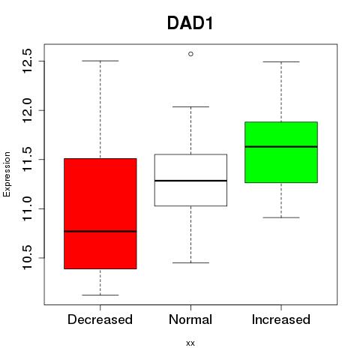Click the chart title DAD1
point(190,23)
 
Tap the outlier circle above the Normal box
point(190,54)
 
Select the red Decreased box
point(100,214)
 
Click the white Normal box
point(190,180)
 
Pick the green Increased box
point(281,152)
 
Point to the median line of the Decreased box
point(100,231)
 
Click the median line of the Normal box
point(190,181)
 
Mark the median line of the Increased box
point(281,147)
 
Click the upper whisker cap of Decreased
point(100,61)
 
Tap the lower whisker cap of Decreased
point(100,295)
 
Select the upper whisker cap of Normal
point(190,106)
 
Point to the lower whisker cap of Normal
point(190,262)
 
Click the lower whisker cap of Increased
point(281,217)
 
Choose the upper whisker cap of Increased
point(281,61)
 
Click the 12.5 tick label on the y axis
point(27,61)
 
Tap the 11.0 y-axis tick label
point(27,208)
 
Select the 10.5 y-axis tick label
point(27,258)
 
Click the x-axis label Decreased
point(100,319)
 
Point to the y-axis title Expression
point(7,174)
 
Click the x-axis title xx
point(190,343)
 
